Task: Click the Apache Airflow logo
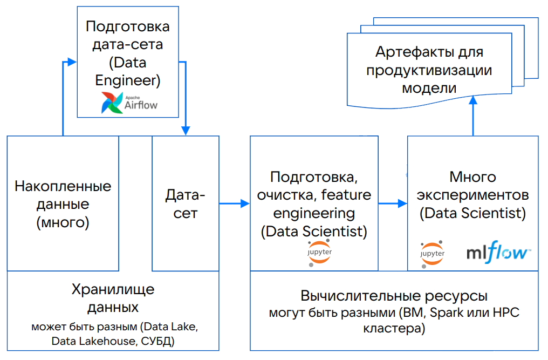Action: [x=129, y=102]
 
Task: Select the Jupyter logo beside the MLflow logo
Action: [x=432, y=254]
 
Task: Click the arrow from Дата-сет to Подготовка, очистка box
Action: [x=234, y=203]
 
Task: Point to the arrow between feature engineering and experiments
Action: [x=392, y=203]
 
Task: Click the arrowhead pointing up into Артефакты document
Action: [x=473, y=100]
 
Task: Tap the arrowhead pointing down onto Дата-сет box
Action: [x=186, y=131]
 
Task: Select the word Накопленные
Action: [x=63, y=187]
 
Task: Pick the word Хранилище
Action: [x=113, y=289]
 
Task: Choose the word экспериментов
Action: [x=473, y=194]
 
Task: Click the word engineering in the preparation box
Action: [x=313, y=213]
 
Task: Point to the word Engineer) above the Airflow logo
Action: [x=127, y=80]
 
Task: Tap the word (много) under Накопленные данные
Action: [x=63, y=222]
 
